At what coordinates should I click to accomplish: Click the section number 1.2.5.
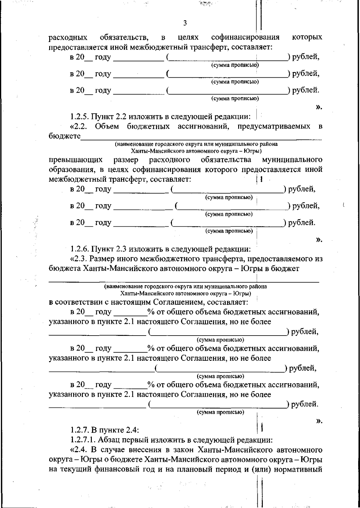[x=80, y=116]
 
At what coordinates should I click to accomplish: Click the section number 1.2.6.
[x=80, y=249]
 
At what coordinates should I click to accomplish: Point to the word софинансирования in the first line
[x=245, y=37]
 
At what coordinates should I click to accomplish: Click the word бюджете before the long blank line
[x=65, y=136]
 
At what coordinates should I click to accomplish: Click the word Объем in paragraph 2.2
[x=107, y=126]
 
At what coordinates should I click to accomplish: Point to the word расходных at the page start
[x=68, y=37]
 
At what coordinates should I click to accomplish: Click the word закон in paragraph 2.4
[x=184, y=450]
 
